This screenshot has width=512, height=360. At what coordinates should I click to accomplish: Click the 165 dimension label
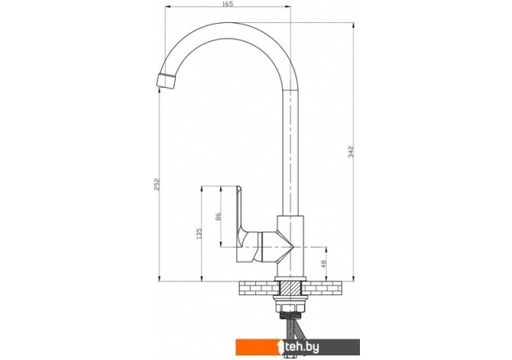[228, 4]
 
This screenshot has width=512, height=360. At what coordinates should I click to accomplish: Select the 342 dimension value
[351, 152]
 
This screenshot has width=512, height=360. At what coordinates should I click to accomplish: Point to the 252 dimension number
[157, 184]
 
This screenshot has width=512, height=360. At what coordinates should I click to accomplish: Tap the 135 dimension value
[199, 233]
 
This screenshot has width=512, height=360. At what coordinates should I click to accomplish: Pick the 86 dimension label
[219, 216]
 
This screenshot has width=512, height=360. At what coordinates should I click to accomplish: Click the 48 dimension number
[323, 264]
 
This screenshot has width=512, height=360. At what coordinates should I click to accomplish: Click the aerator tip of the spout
[166, 81]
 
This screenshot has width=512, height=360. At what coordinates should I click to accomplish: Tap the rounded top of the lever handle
[239, 189]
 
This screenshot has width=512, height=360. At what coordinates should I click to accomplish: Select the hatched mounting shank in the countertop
[290, 288]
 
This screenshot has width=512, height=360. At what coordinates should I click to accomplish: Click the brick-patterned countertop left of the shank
[260, 288]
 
